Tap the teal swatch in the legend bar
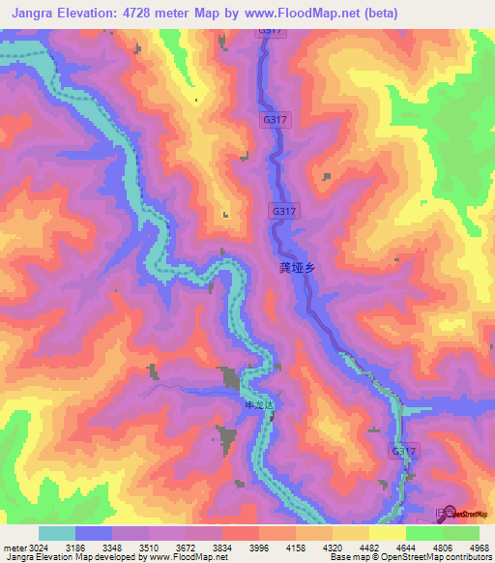(x=57, y=533)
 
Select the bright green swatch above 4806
(x=424, y=533)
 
